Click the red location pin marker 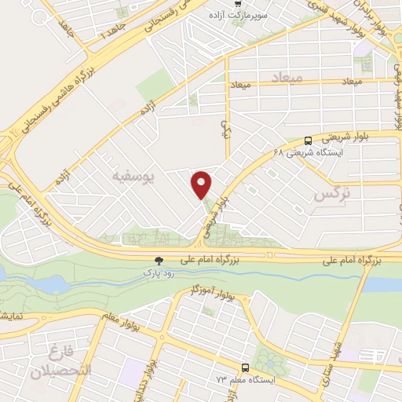coord(202,184)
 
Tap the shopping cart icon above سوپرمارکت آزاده coord(238,4)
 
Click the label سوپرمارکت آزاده coord(238,16)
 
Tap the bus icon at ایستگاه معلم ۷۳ coord(246,367)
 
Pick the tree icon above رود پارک coord(160,261)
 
